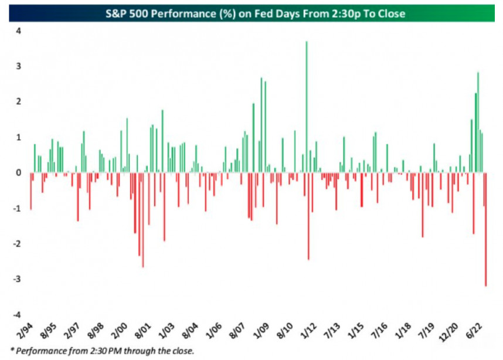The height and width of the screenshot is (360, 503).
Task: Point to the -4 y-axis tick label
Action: [17, 315]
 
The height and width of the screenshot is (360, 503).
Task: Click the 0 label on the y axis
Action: [19, 172]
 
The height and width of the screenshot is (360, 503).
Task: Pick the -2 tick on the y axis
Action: [17, 244]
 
